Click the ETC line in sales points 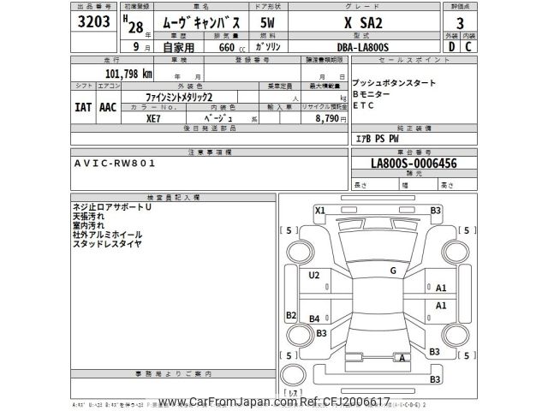tap(365, 105)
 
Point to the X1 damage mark tap(320, 210)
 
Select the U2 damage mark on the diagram tap(314, 274)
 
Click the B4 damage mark tap(314, 319)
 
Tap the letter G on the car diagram tap(393, 271)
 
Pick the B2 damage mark tap(291, 315)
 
